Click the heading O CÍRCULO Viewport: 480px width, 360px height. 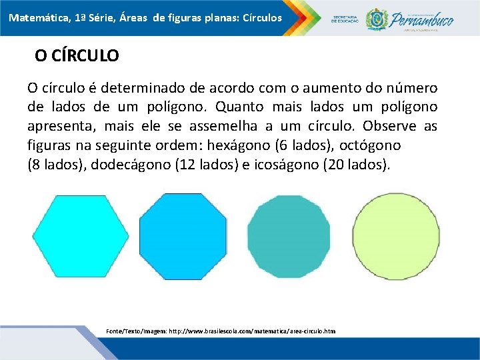pyautogui.click(x=77, y=56)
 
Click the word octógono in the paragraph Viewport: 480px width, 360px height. pyautogui.click(x=373, y=145)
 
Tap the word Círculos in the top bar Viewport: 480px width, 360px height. pyautogui.click(x=259, y=17)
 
